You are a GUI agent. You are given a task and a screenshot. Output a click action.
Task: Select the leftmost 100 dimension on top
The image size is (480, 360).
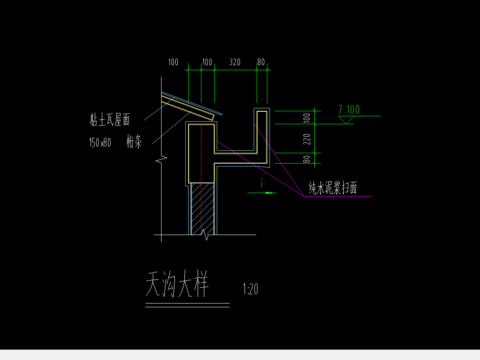point(173,62)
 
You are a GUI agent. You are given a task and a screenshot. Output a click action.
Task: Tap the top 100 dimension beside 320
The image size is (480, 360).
point(207,62)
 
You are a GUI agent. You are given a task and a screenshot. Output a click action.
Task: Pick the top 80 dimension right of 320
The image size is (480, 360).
point(261,62)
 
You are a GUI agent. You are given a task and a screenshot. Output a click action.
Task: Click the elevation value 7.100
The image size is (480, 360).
point(349,106)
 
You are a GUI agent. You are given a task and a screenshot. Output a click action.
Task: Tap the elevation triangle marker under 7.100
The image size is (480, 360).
point(346,119)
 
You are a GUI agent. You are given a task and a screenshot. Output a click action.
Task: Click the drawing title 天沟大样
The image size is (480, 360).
point(176,285)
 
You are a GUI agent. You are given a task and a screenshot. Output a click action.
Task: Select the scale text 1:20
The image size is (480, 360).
point(250,291)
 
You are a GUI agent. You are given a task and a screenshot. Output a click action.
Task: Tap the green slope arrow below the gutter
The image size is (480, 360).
point(259,194)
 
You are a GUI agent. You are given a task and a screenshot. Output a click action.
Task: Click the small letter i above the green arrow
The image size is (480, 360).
point(260,183)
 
